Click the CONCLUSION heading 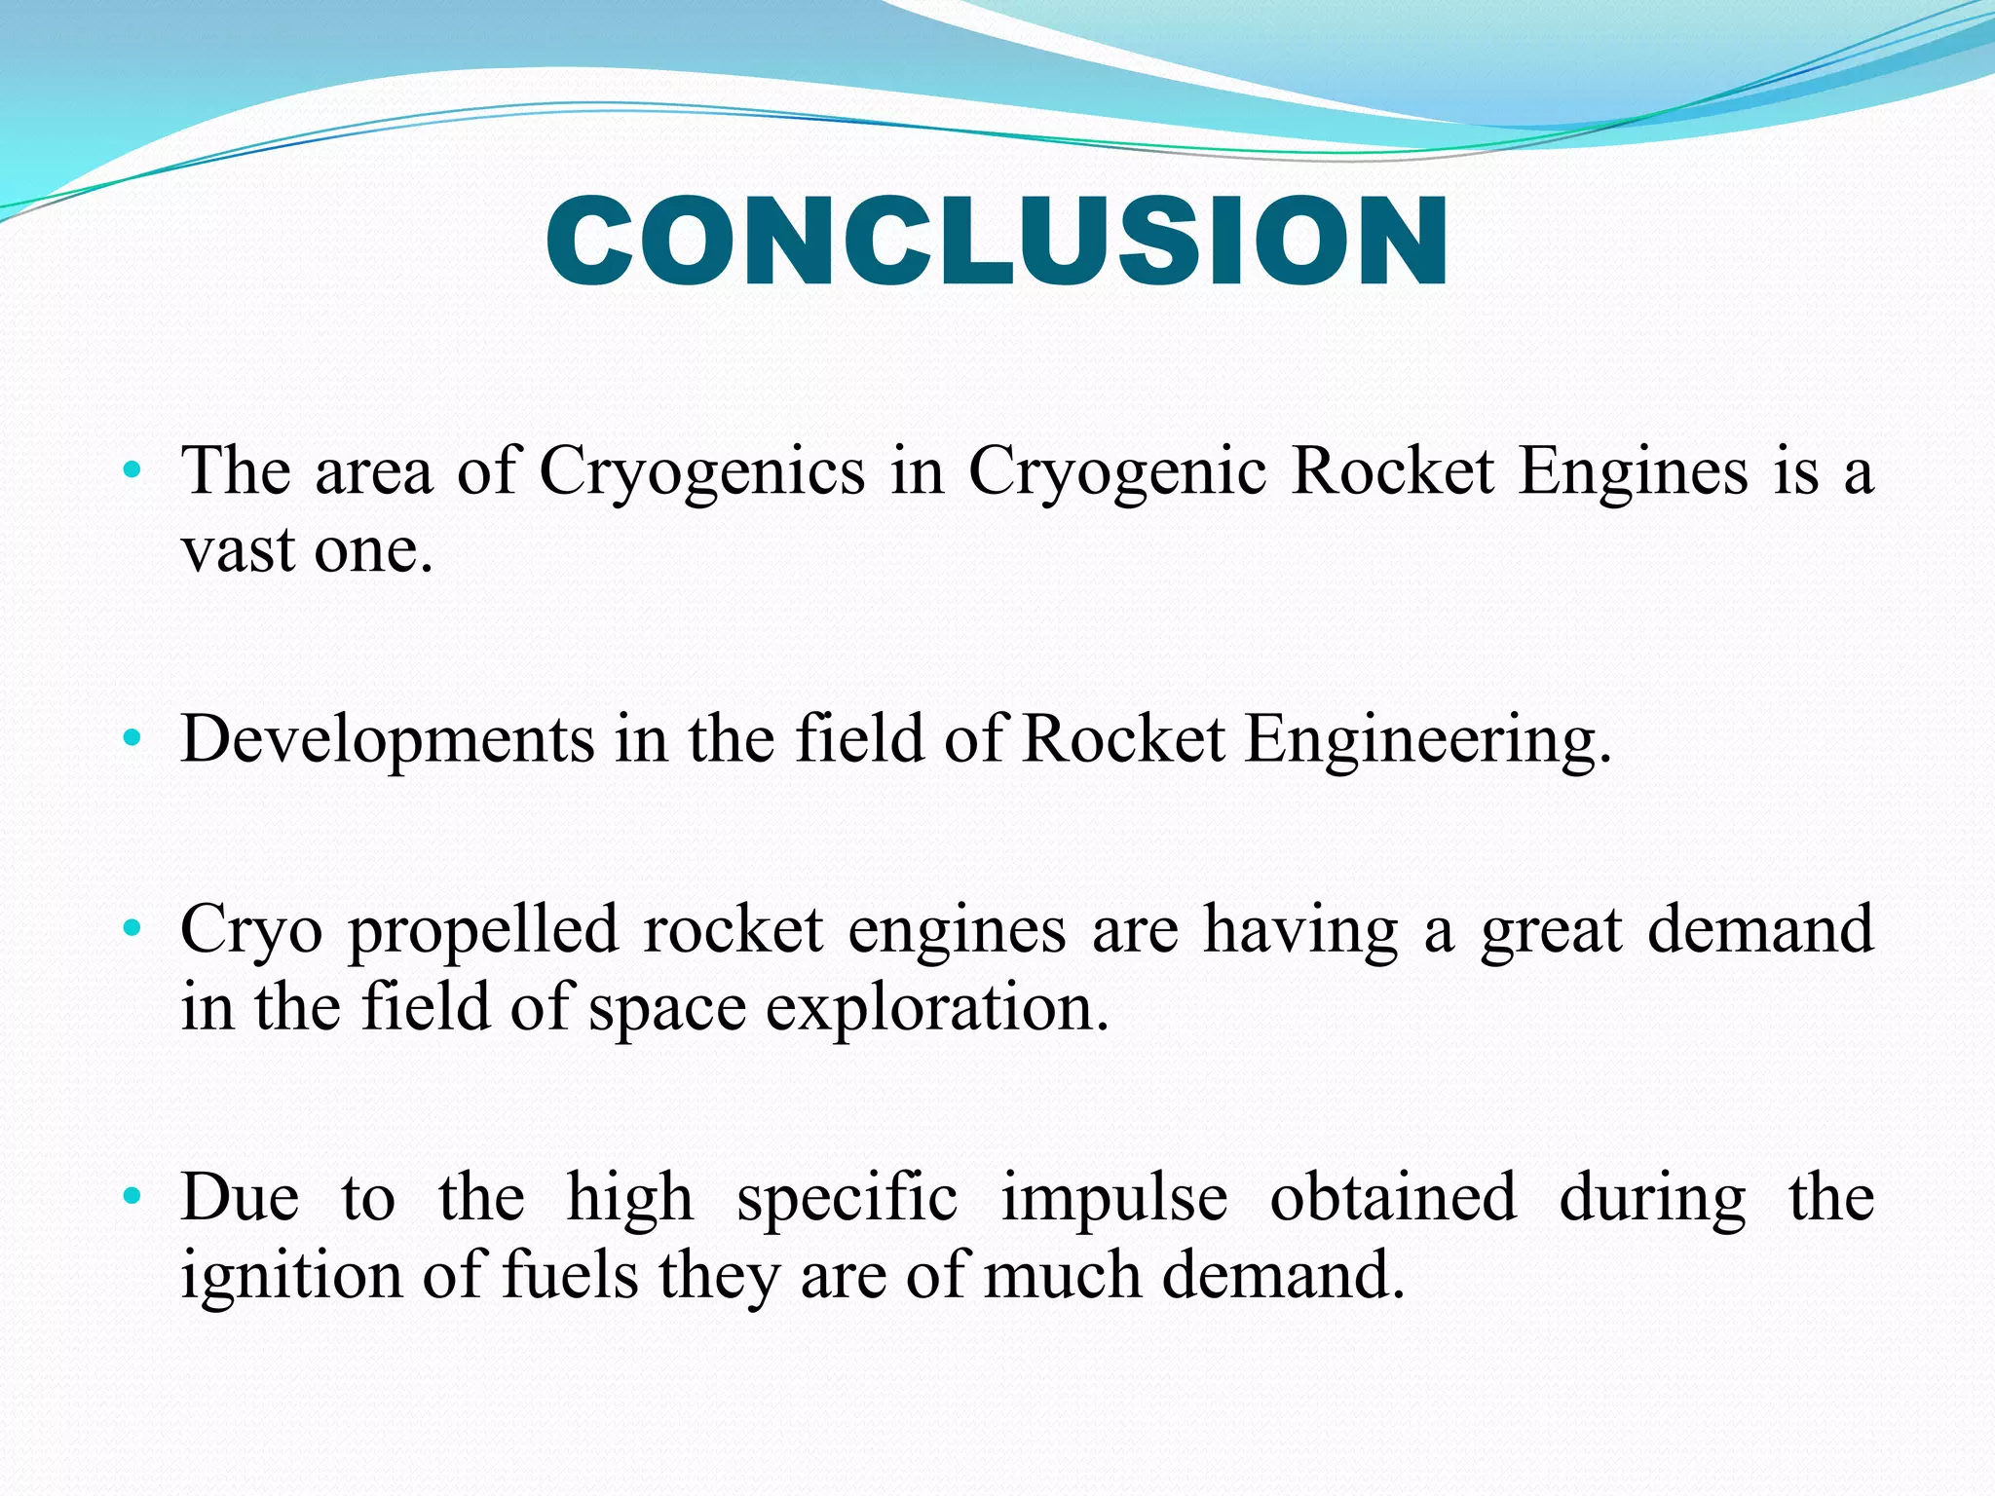tap(997, 242)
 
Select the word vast tap(239, 551)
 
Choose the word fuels tap(570, 1276)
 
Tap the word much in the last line tap(1063, 1276)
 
